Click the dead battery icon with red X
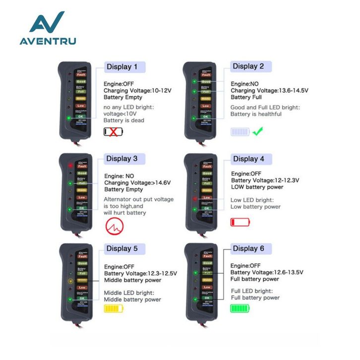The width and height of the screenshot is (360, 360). [x=114, y=131]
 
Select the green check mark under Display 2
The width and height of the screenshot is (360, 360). [x=257, y=132]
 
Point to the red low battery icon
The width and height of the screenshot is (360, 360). [x=240, y=222]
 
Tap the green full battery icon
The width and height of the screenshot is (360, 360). [x=240, y=308]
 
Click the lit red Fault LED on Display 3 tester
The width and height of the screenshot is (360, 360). [x=70, y=165]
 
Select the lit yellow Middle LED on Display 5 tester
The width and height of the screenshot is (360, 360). [x=70, y=281]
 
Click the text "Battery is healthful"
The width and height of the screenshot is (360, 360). [x=256, y=114]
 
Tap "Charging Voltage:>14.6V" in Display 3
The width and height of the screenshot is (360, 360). [x=137, y=182]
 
